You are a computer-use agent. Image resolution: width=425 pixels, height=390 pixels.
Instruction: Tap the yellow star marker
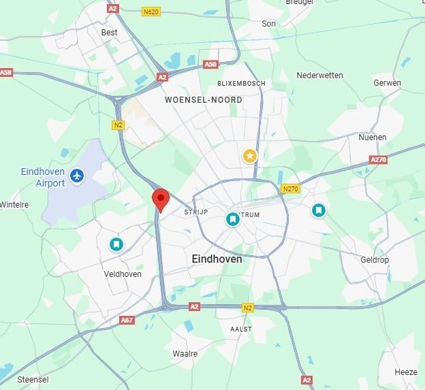click(x=250, y=157)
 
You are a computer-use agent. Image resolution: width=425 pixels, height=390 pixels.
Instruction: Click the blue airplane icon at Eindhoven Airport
click(x=78, y=176)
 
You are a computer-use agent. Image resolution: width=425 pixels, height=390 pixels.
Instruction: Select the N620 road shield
click(x=151, y=12)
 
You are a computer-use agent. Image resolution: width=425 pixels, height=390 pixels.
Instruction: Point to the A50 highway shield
click(x=210, y=65)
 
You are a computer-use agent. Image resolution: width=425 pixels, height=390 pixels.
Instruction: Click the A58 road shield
click(x=6, y=72)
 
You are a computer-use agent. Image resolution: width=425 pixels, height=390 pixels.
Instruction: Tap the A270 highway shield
click(x=378, y=159)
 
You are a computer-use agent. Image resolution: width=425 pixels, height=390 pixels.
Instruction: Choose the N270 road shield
click(x=290, y=188)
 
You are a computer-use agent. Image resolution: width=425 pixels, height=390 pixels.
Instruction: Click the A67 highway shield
click(x=127, y=320)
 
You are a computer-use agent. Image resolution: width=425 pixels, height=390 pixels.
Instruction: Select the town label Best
click(x=109, y=32)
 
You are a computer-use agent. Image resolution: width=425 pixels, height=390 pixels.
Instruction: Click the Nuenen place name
click(x=372, y=137)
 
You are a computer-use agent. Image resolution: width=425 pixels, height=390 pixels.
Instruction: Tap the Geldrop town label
click(x=374, y=259)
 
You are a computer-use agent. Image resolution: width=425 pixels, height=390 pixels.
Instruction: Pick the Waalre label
click(x=185, y=354)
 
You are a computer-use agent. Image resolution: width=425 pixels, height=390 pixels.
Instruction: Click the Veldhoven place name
click(x=123, y=274)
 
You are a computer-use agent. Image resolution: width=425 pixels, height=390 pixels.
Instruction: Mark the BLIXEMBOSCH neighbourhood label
click(x=241, y=83)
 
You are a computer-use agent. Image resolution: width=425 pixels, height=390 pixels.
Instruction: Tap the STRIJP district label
click(x=195, y=212)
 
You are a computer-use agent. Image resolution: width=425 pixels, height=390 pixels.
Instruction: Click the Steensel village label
click(x=33, y=378)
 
